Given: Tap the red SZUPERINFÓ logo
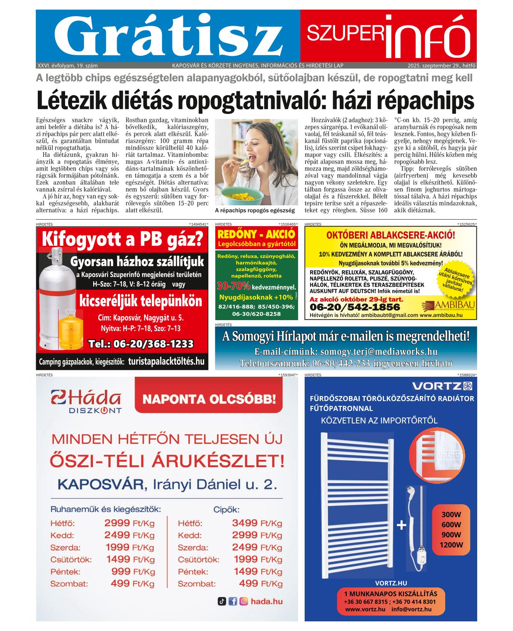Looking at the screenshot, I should tap(388, 35).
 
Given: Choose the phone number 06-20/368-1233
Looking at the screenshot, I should tap(141, 344).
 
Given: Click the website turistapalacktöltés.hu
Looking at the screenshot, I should tap(166, 362).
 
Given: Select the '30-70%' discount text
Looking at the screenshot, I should tap(234, 287).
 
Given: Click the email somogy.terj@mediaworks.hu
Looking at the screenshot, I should tap(346, 351).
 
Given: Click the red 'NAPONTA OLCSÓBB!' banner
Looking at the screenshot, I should tap(209, 399).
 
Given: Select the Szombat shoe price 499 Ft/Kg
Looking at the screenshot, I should tap(260, 584).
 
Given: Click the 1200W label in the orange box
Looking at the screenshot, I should tap(451, 545).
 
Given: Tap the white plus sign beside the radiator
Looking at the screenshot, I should tap(401, 525).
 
